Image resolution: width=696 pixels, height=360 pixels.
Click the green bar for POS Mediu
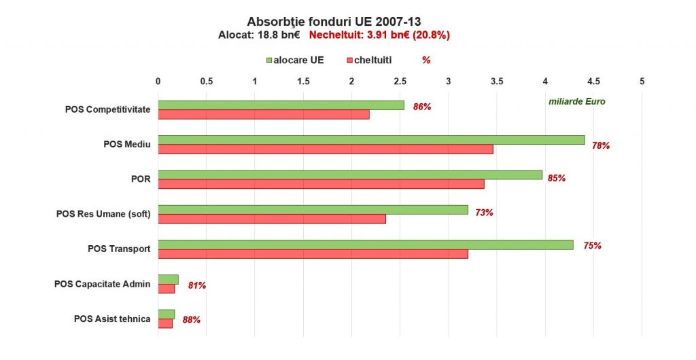(x=371, y=140)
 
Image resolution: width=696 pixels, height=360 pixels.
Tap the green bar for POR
(x=350, y=175)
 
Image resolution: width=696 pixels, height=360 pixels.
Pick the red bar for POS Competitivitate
(x=264, y=114)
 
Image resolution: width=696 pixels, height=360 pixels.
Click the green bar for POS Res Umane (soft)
(x=313, y=210)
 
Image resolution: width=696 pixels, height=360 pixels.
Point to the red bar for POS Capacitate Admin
(x=167, y=289)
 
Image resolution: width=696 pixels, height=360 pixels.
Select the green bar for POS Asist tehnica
(x=167, y=314)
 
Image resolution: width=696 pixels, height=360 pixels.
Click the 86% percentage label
(x=422, y=107)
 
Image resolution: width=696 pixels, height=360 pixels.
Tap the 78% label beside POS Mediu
(x=601, y=145)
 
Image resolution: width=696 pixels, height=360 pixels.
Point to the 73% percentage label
(x=484, y=213)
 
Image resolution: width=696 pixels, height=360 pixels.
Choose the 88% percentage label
(x=191, y=319)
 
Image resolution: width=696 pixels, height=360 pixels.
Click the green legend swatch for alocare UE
(x=269, y=60)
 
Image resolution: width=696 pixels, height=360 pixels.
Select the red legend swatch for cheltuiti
(x=350, y=60)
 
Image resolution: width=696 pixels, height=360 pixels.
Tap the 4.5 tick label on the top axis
(x=593, y=82)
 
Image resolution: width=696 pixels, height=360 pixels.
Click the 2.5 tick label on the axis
(x=400, y=82)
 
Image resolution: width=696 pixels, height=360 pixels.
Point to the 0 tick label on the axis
(x=158, y=82)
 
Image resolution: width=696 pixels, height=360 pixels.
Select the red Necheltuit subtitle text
(x=379, y=35)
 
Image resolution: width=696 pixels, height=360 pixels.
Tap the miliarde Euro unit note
(x=576, y=102)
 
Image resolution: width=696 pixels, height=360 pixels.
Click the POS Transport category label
(x=119, y=249)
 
